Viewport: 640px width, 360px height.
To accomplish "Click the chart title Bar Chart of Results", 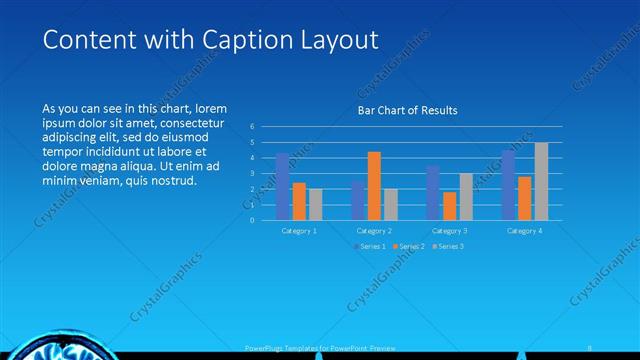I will (x=407, y=111).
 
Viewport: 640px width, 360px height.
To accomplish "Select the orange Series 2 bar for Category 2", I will (x=374, y=185).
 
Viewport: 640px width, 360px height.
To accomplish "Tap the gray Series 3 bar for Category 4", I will (x=541, y=181).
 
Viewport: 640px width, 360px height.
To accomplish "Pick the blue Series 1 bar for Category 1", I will (x=282, y=186).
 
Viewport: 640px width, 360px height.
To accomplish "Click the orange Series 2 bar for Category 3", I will (x=449, y=205).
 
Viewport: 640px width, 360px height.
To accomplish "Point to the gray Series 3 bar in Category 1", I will (x=315, y=204).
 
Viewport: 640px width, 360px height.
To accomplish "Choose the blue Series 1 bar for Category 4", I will (x=508, y=185).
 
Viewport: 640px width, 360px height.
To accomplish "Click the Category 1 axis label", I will (x=299, y=230).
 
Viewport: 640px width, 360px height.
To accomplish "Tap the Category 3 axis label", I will (x=449, y=230).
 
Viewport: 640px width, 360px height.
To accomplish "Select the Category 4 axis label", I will (x=524, y=230).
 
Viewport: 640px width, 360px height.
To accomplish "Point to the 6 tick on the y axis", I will (x=253, y=126).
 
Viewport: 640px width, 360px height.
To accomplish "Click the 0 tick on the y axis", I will (x=253, y=220).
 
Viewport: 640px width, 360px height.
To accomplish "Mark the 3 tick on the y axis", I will (x=253, y=173).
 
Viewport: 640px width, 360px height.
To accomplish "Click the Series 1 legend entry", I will (x=371, y=245).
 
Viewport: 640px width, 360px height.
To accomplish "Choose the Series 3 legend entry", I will (x=449, y=245).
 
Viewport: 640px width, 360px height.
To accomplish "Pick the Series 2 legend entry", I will (x=410, y=245).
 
